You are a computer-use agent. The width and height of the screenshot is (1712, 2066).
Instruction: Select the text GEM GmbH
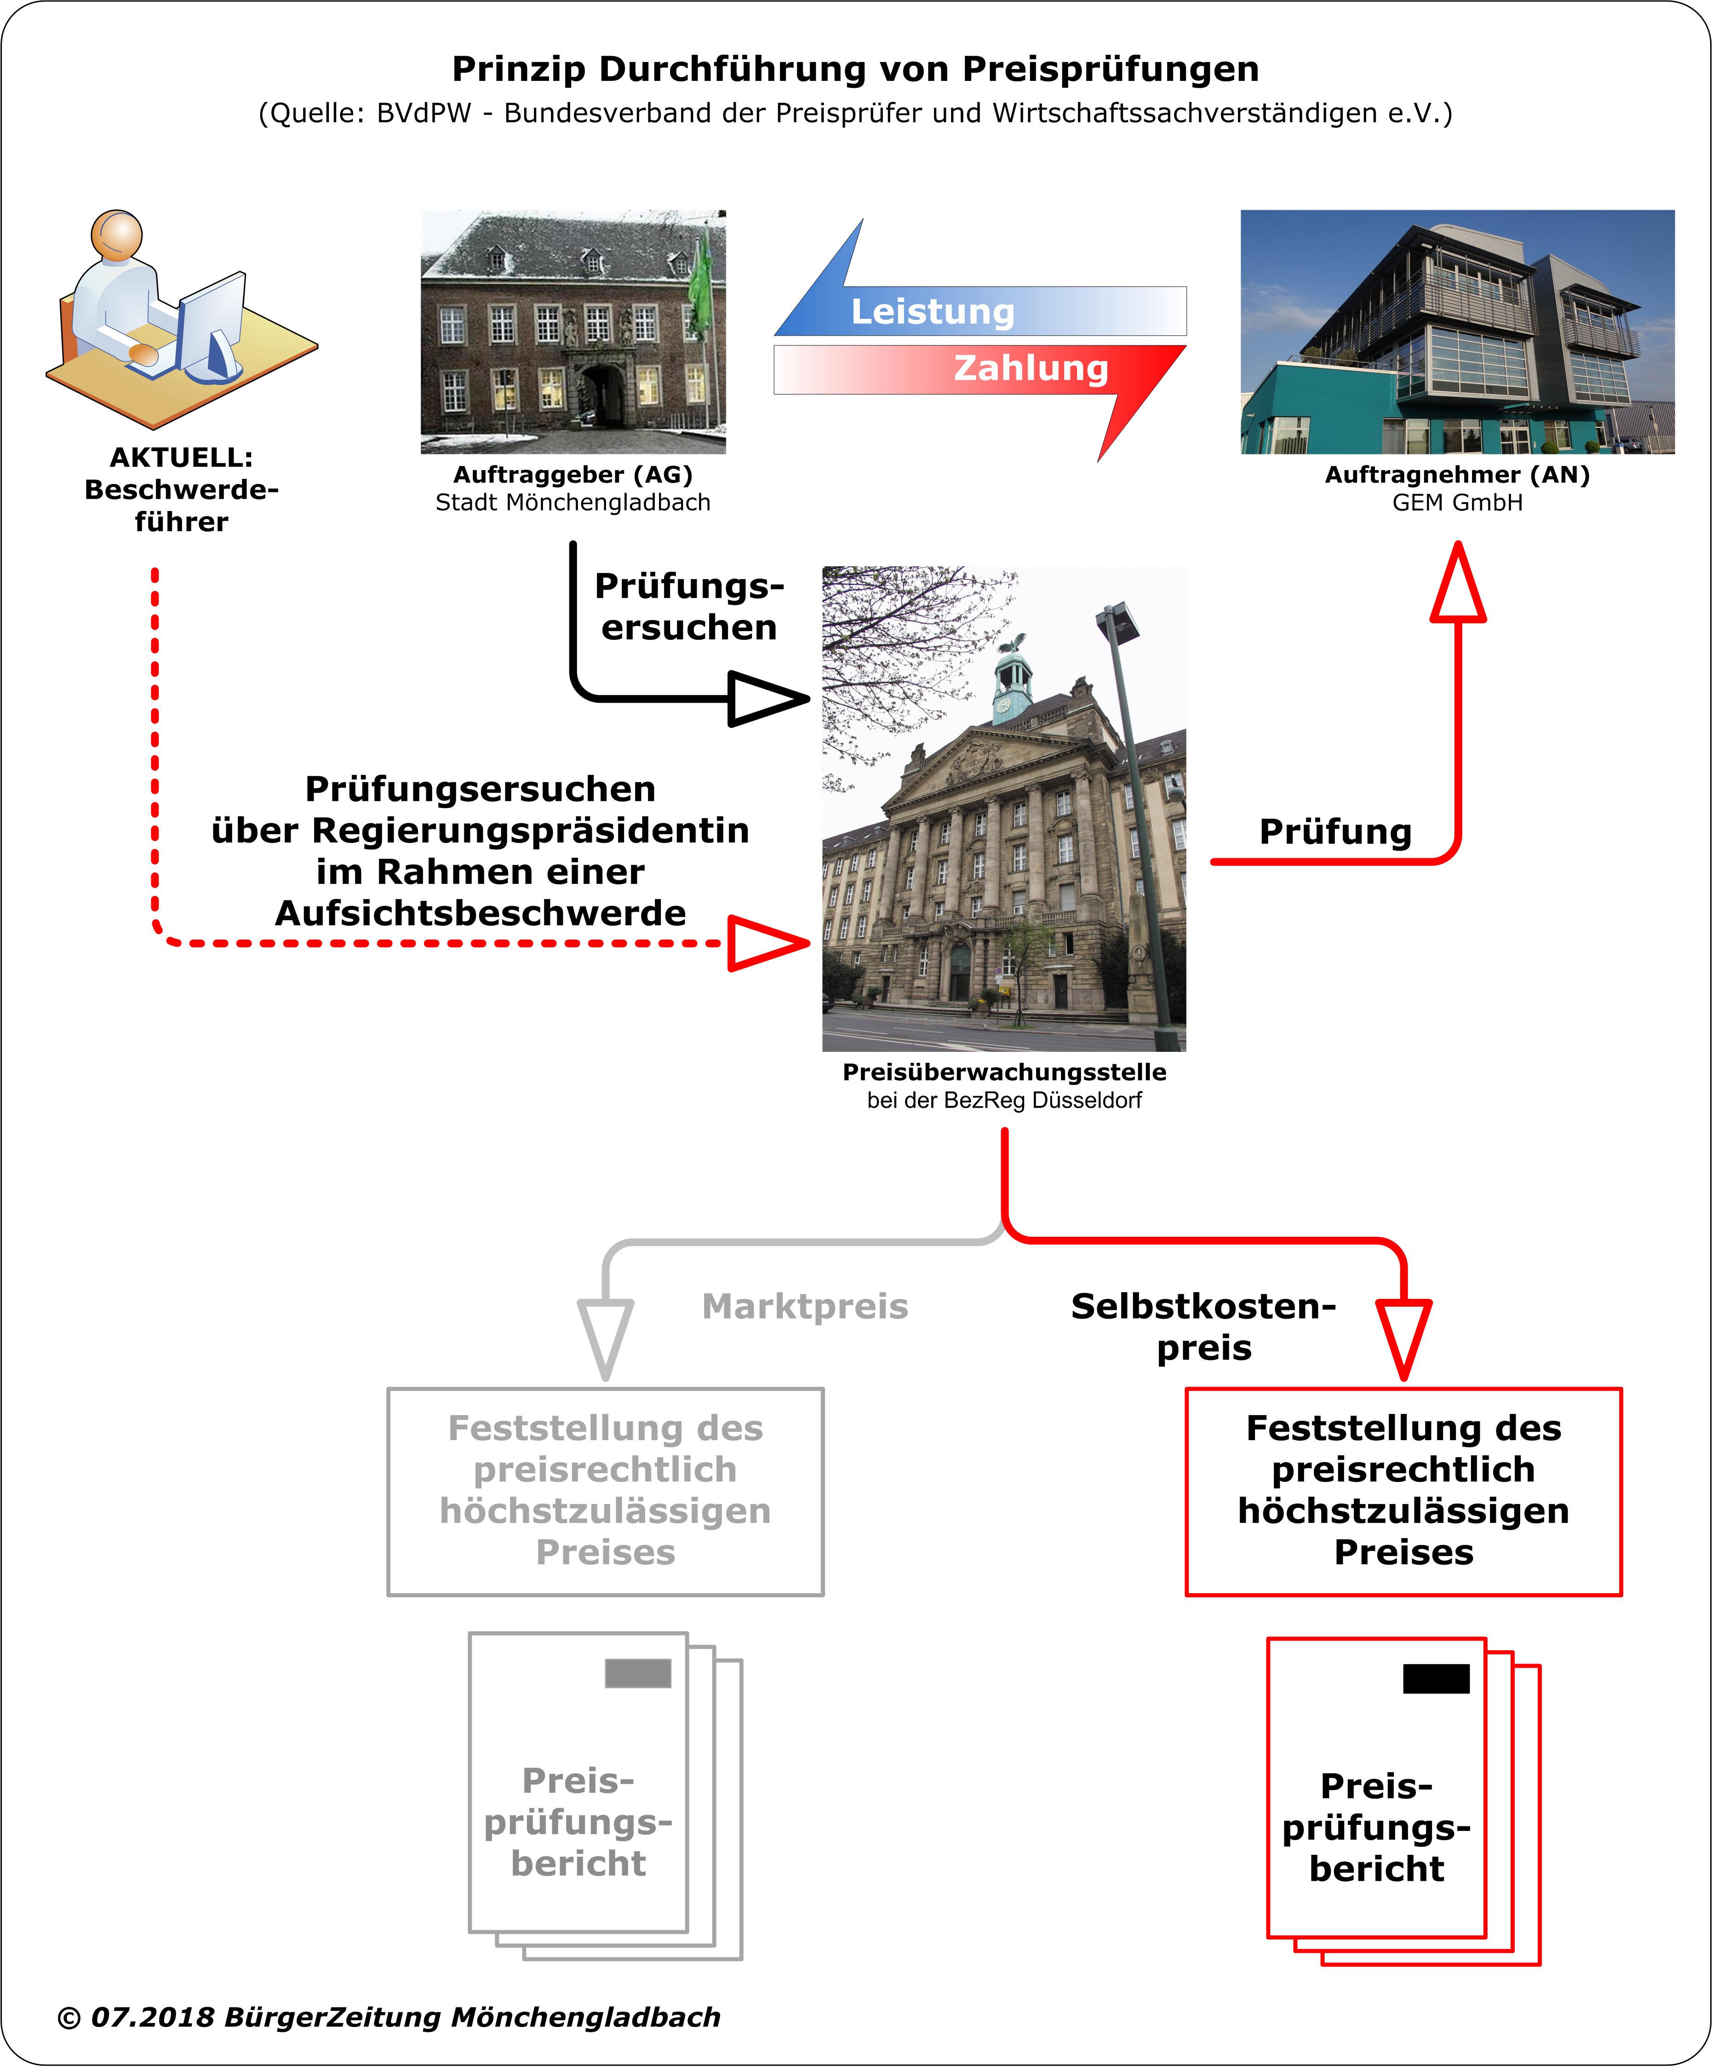coord(1457,503)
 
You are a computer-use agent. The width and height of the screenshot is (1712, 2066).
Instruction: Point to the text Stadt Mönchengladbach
coord(573,503)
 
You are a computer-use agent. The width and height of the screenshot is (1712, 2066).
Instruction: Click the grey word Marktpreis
coord(805,1307)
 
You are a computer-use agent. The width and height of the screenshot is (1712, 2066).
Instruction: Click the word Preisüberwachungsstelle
coord(1003,1073)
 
